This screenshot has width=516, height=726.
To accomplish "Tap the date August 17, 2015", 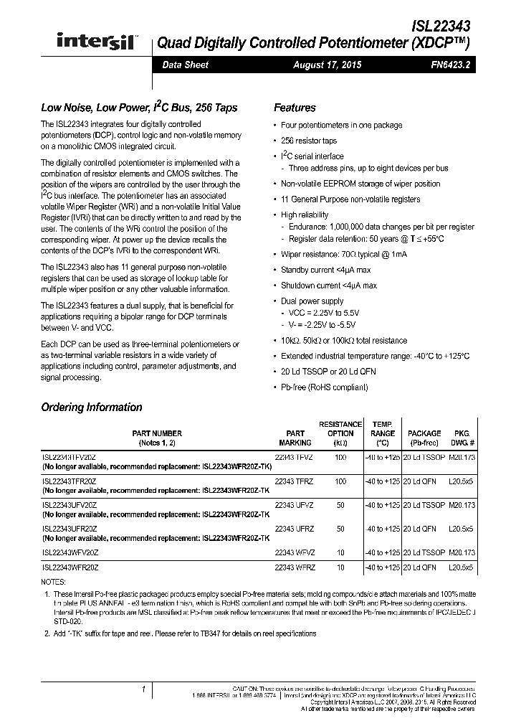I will point(328,65).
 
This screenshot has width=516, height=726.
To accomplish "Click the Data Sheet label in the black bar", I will point(185,65).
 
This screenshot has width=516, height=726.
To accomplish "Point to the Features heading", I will point(295,108).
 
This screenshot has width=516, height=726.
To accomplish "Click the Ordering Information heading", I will point(92,407).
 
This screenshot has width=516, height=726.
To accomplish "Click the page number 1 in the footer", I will point(144,690).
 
